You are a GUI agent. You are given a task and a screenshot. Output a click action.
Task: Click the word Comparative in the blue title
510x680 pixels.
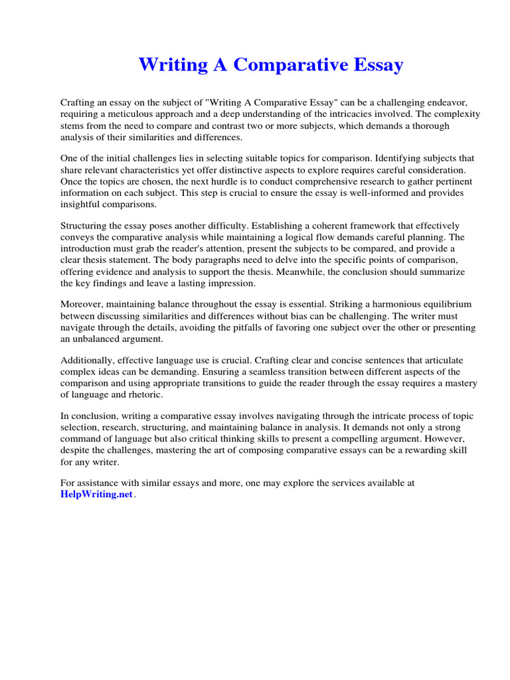pos(284,66)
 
